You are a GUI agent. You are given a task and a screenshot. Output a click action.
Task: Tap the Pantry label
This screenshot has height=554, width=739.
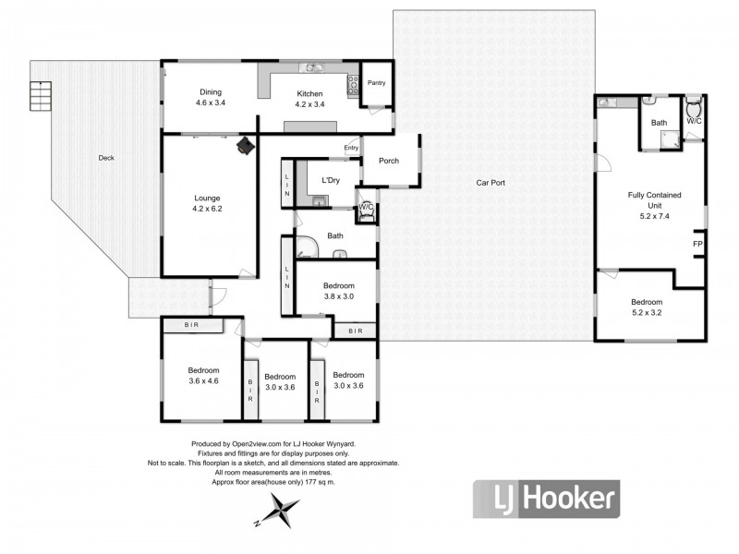tap(376, 83)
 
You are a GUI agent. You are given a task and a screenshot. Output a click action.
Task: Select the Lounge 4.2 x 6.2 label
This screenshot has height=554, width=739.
tap(208, 203)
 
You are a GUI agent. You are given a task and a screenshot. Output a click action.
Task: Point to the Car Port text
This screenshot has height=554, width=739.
tap(490, 183)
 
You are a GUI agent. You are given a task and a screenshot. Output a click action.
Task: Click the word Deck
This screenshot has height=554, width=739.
tap(106, 158)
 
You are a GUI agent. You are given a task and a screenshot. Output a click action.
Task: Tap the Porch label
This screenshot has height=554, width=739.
tap(389, 161)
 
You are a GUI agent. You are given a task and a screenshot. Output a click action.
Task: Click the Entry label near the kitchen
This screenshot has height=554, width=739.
tap(351, 148)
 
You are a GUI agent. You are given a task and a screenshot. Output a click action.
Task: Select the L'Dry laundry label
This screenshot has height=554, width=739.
tap(330, 180)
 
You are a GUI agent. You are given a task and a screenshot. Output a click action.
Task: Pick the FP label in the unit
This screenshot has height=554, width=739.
tap(697, 244)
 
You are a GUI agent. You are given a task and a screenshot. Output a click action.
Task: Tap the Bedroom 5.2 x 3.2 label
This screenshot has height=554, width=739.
tap(646, 308)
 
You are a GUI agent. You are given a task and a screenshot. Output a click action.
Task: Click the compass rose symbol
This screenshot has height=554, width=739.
tap(279, 509)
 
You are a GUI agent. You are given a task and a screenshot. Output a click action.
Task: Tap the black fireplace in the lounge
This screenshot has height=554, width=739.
tap(246, 145)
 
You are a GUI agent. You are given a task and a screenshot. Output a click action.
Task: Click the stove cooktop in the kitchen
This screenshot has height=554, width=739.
tap(352, 86)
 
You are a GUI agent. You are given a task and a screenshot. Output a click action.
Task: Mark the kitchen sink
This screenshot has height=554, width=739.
tap(314, 67)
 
